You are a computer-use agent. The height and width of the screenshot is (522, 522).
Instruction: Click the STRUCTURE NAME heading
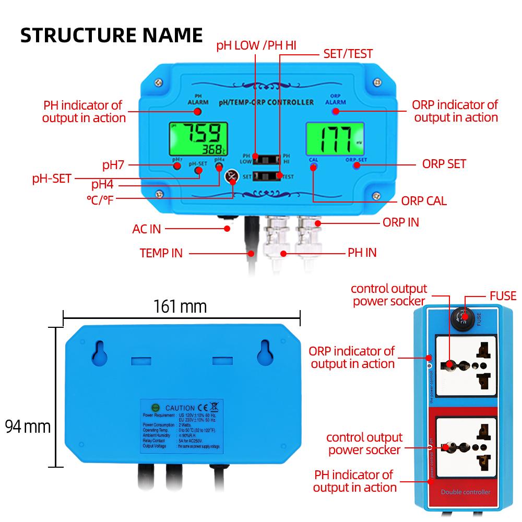point(111,34)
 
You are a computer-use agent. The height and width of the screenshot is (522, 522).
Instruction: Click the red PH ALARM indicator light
point(198,111)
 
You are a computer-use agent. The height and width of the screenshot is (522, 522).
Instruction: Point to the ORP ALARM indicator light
point(336,111)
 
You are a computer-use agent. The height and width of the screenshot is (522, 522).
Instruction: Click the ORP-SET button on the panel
point(357,166)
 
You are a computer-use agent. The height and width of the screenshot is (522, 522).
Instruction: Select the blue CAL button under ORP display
point(313,167)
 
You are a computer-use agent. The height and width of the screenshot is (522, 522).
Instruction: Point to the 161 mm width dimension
point(180,306)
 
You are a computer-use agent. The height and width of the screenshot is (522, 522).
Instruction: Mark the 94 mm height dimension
point(28,426)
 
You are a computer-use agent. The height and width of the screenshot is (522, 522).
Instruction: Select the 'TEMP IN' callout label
point(161,253)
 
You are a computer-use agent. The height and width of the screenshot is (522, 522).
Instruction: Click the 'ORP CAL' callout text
point(424,201)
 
